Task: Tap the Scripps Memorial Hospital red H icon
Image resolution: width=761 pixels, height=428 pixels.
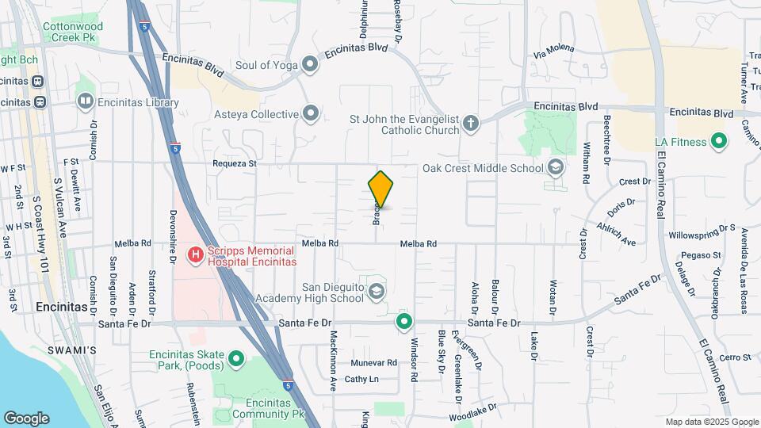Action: click(x=194, y=255)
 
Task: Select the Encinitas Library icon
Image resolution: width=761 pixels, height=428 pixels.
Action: click(x=85, y=102)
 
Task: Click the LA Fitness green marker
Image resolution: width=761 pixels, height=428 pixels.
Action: click(x=719, y=143)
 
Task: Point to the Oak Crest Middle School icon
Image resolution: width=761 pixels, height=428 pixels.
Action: click(x=556, y=167)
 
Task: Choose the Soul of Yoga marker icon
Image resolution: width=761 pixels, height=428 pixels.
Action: click(x=310, y=65)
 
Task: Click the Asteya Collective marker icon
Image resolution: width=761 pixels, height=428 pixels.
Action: click(x=311, y=114)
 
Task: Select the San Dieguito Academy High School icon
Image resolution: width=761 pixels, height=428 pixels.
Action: click(x=377, y=293)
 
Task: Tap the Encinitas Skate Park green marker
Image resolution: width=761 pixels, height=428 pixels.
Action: click(x=235, y=360)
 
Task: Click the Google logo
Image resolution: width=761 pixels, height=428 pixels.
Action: click(x=26, y=418)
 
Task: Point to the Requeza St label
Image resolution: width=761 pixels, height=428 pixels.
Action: click(x=235, y=163)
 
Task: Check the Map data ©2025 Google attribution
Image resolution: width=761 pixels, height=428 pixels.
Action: click(x=712, y=422)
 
